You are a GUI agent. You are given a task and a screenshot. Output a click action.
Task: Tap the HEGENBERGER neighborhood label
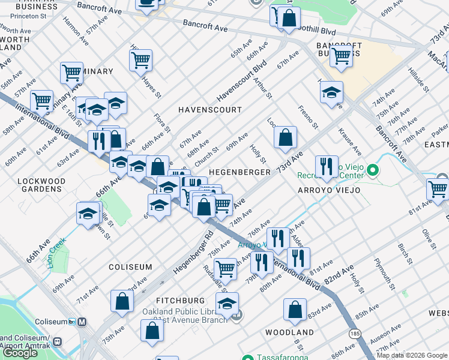[239, 172]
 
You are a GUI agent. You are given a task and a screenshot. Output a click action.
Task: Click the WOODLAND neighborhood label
[289, 332]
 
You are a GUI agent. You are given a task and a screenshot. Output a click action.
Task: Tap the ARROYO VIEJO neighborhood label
[329, 190]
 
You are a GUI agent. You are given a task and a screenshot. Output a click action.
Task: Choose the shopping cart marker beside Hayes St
[140, 59]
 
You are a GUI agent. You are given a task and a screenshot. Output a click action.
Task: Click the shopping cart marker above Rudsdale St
[226, 268]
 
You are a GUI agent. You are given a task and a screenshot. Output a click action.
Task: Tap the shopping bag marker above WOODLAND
[295, 309]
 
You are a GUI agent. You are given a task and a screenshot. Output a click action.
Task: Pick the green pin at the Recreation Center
[372, 172]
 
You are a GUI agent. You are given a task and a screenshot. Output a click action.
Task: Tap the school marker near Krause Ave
[331, 92]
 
